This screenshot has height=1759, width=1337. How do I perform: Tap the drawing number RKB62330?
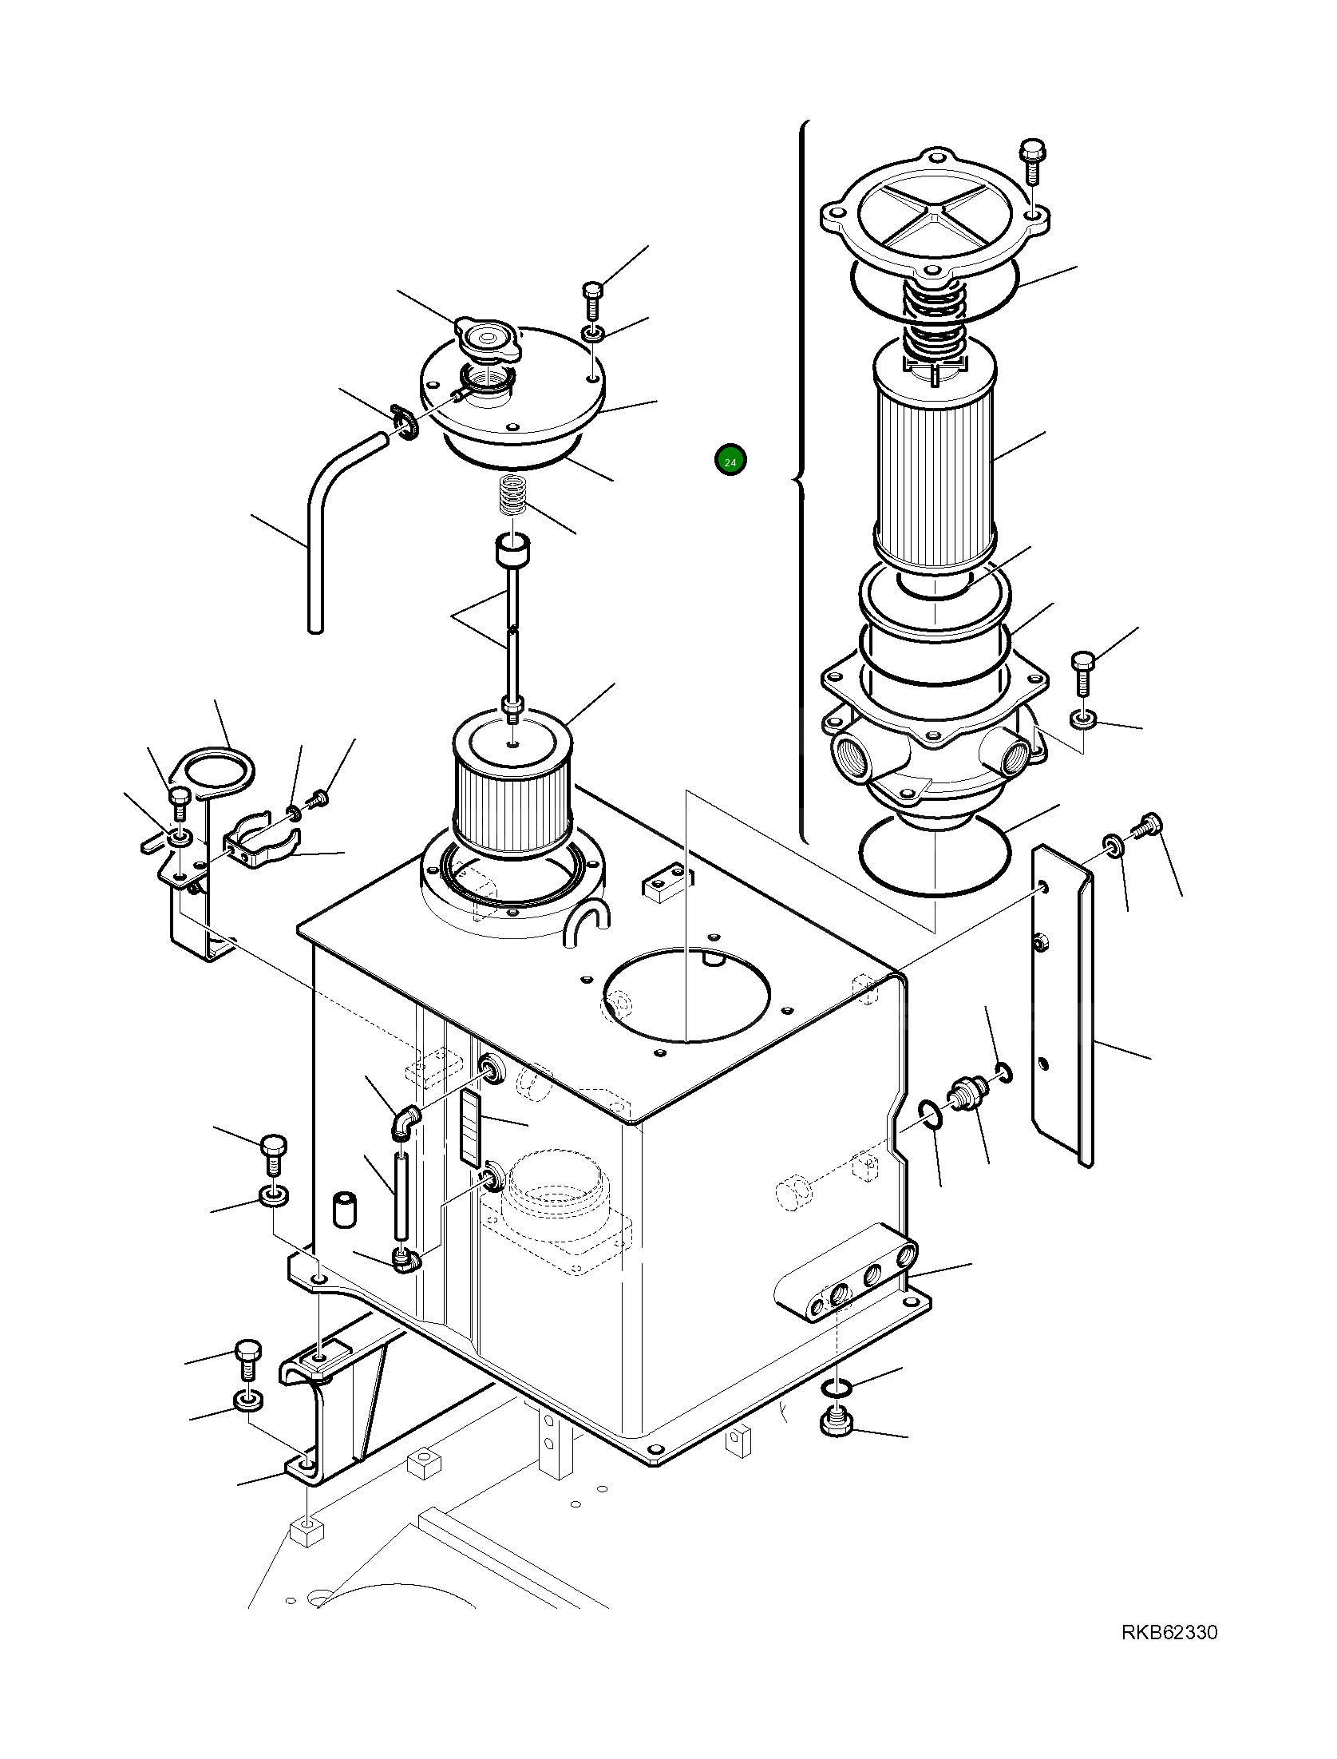pyautogui.click(x=1169, y=1651)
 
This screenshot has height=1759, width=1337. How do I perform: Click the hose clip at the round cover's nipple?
pyautogui.click(x=405, y=422)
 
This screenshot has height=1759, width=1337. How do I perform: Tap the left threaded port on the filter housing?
pyautogui.click(x=852, y=752)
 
